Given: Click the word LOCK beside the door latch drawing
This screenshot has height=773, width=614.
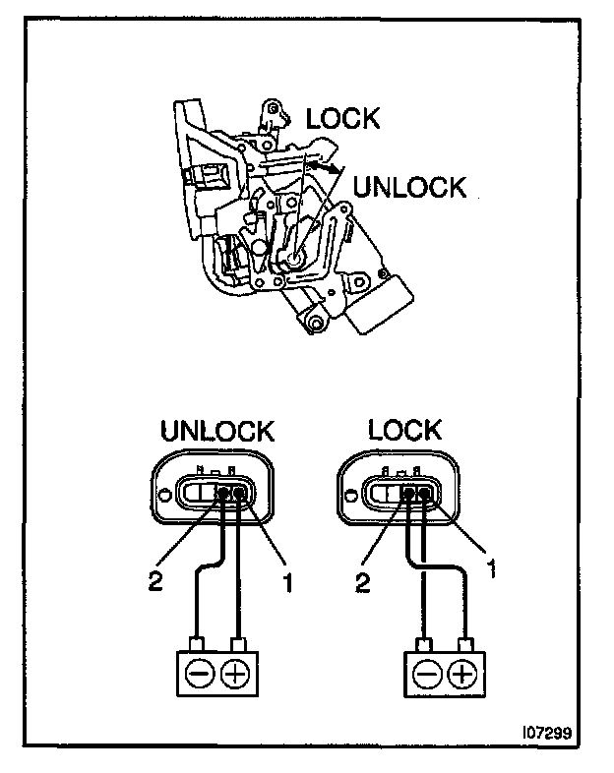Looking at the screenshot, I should [341, 119].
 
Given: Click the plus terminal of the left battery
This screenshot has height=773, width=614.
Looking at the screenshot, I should [237, 674].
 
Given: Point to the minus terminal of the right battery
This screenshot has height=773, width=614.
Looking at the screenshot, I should [425, 674].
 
